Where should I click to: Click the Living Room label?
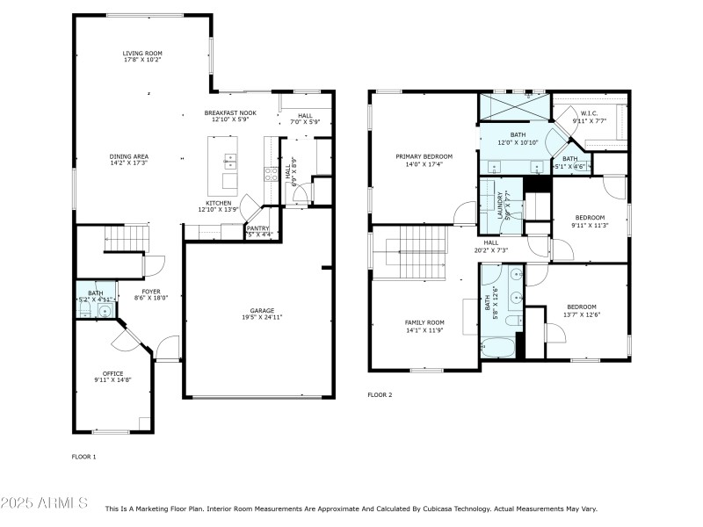(142, 54)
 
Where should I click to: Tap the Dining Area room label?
(128, 156)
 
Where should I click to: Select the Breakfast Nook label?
(230, 113)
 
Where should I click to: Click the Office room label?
(112, 373)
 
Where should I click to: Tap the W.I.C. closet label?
(588, 114)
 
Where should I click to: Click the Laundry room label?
(499, 205)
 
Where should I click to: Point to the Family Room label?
(424, 322)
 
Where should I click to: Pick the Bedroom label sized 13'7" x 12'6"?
(581, 307)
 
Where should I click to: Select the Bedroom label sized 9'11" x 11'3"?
(590, 217)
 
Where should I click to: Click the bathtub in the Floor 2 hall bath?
(497, 348)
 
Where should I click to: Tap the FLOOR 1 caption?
(83, 457)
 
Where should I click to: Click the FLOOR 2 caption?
(380, 395)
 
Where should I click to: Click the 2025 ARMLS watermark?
(44, 503)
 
